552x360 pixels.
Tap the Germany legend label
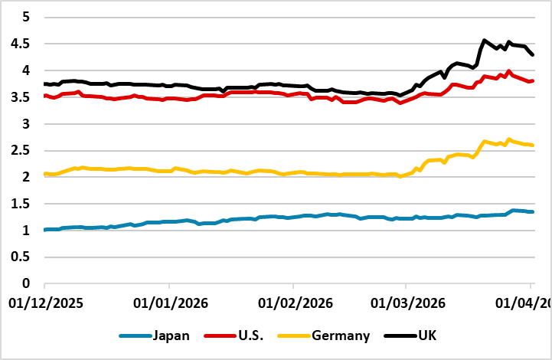342,335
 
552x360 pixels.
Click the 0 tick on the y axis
24,283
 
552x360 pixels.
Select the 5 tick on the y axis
24,17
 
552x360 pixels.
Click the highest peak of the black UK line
484,40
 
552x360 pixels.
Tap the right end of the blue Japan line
533,212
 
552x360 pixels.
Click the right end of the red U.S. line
533,81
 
